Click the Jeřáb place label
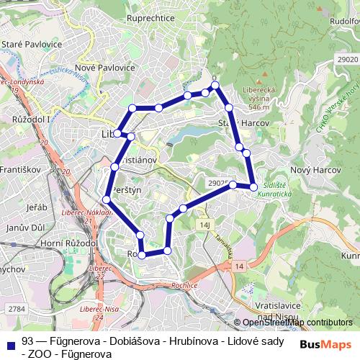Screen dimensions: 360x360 point(36,207)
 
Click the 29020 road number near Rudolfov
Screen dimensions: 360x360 point(346,58)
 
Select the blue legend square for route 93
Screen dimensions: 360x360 point(12,342)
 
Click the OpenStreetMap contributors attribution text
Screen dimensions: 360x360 point(297,323)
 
